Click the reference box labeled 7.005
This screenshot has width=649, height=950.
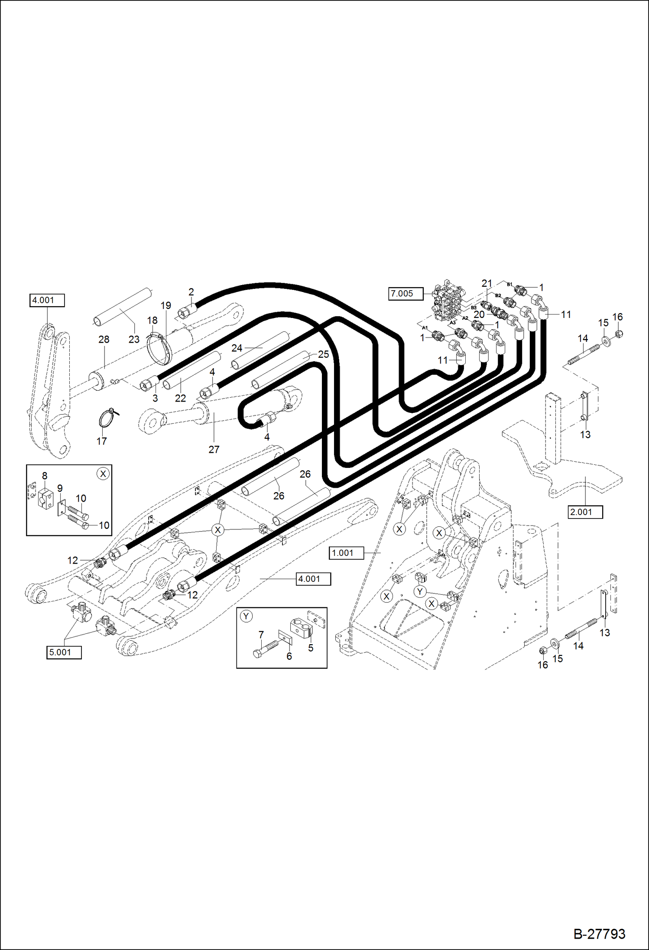click(x=405, y=294)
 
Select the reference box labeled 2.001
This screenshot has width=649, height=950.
click(x=585, y=512)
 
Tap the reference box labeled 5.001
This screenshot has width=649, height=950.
click(x=64, y=652)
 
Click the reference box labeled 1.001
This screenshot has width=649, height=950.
click(x=346, y=553)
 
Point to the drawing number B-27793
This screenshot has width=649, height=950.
click(x=599, y=934)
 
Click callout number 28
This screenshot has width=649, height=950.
click(x=104, y=340)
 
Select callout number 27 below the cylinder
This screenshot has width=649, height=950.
click(x=214, y=450)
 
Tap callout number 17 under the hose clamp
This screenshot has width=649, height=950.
click(x=101, y=441)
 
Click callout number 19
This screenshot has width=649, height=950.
click(x=165, y=306)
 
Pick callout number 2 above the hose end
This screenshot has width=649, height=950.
click(x=191, y=292)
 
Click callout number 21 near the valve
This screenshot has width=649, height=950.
click(x=487, y=283)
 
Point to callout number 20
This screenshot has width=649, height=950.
click(x=479, y=315)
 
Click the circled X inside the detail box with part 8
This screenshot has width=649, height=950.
click(x=103, y=474)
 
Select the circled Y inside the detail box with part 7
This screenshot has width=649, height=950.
click(x=246, y=616)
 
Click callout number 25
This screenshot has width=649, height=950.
click(x=323, y=354)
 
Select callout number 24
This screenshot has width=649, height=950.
click(x=237, y=348)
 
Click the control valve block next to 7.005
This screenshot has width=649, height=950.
click(x=448, y=302)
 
